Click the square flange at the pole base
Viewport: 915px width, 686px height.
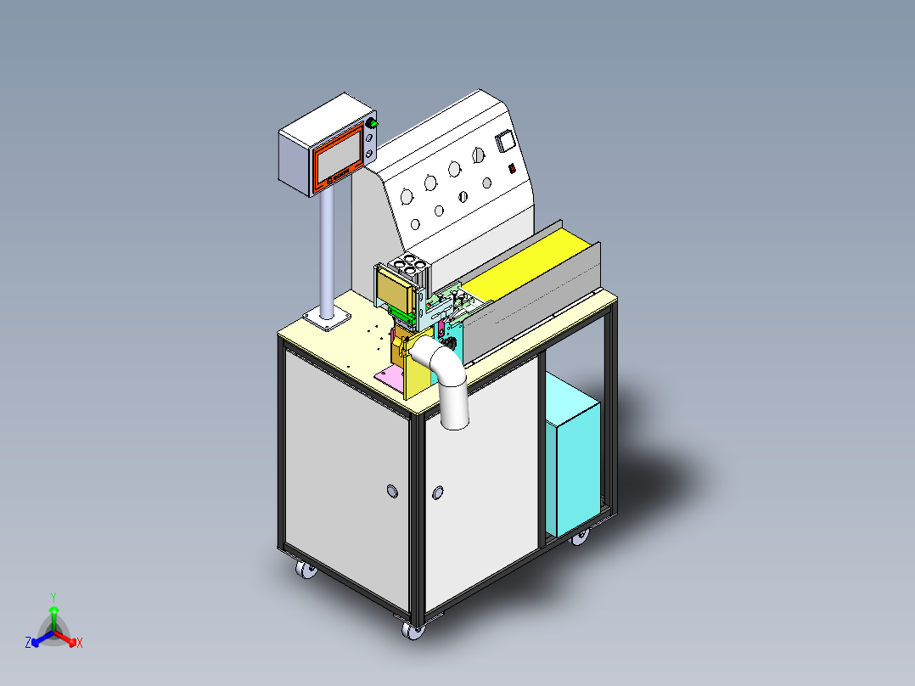click(x=326, y=318)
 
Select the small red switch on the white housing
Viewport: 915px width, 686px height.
click(x=512, y=168)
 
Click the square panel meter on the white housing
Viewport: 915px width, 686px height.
click(x=506, y=141)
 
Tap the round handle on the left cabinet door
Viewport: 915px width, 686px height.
click(x=392, y=491)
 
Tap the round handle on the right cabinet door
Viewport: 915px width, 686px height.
click(x=439, y=492)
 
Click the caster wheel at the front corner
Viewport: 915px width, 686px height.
click(x=413, y=631)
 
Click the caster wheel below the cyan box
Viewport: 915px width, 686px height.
click(x=581, y=537)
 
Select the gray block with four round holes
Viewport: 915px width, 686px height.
click(x=411, y=267)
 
